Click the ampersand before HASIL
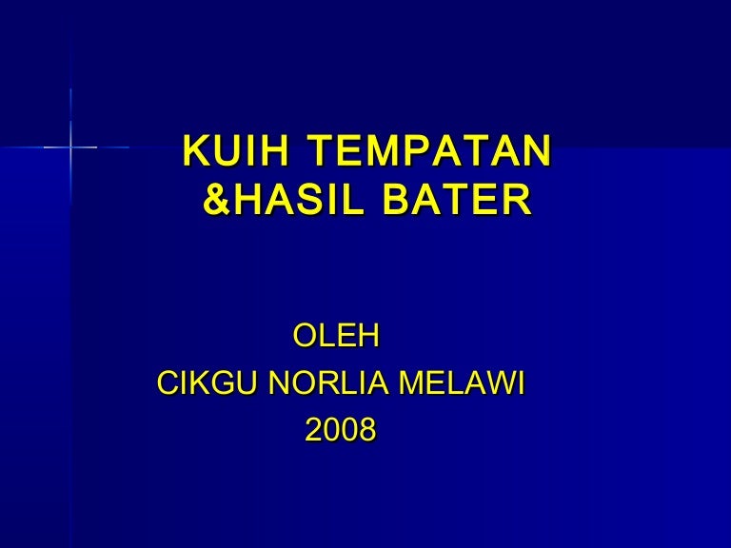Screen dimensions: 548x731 click(216, 201)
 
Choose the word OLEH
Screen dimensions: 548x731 click(336, 335)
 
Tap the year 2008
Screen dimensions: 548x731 click(340, 431)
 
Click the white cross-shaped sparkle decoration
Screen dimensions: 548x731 click(70, 147)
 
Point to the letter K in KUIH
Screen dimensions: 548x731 click(194, 152)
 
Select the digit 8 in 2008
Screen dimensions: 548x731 click(366, 431)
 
